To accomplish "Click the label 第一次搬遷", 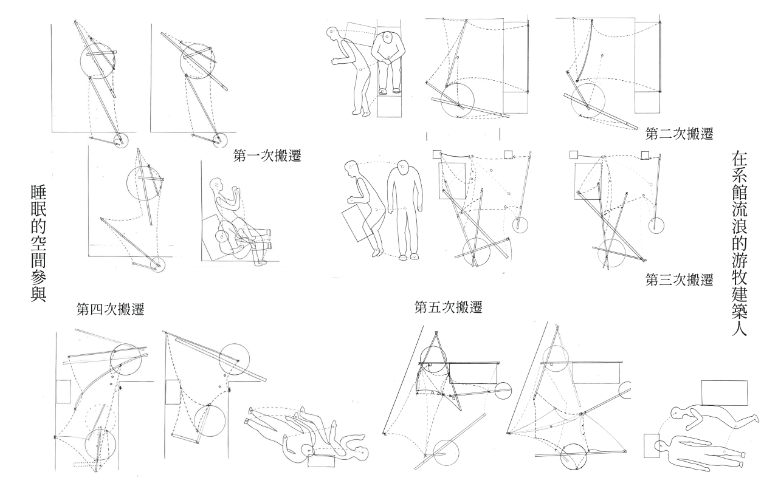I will (267, 156).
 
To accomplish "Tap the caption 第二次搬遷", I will (680, 134).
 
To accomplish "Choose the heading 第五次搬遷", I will (449, 307).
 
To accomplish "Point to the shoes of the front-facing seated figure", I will (389, 91).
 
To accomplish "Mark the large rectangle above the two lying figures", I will (725, 392).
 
